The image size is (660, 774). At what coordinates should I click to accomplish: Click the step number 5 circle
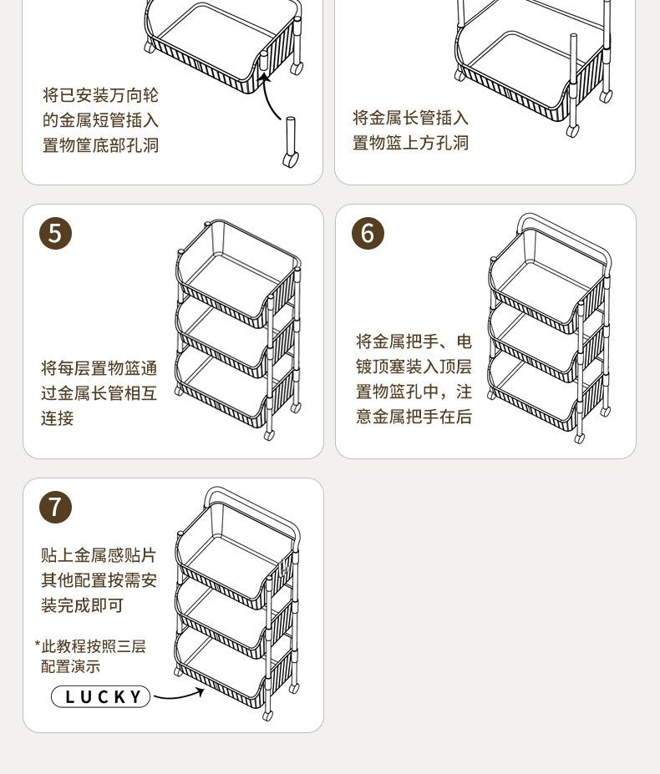coord(55,234)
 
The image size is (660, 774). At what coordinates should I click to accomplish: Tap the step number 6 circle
coord(368,234)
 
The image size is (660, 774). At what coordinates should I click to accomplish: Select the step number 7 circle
coord(55,507)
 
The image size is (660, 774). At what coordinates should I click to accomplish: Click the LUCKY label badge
coord(101,696)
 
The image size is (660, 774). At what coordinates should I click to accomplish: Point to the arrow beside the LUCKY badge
coord(179,695)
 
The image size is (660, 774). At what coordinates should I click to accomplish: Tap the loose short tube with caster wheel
coord(291,143)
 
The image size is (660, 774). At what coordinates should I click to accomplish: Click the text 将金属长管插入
coord(410,118)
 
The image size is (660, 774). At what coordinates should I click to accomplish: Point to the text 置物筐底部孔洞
coord(100,145)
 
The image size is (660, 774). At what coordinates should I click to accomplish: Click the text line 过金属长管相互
coord(99,393)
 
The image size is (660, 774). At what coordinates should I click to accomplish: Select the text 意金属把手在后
coord(414,417)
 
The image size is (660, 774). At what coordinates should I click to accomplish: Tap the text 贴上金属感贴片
coord(99,555)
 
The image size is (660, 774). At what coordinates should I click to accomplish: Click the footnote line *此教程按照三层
coord(90,646)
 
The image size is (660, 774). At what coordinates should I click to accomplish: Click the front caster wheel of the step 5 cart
coord(269,435)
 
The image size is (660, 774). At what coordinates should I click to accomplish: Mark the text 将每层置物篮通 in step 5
coord(99,368)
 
